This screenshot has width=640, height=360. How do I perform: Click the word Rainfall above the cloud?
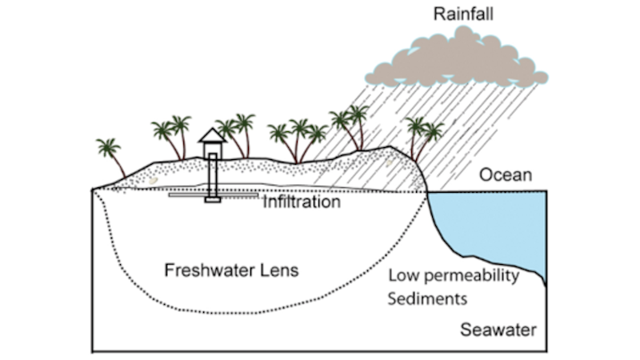coord(462,14)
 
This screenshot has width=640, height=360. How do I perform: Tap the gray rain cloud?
coord(456,60)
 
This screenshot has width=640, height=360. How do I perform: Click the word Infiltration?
coord(302,203)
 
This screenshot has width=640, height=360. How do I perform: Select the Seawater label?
coord(498,330)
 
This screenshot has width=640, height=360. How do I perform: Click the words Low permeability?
coord(454,277)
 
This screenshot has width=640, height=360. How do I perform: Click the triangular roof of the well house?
coord(212,134)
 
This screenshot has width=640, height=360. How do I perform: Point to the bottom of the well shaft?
coord(212,198)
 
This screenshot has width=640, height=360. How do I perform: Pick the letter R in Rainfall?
coord(438,14)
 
